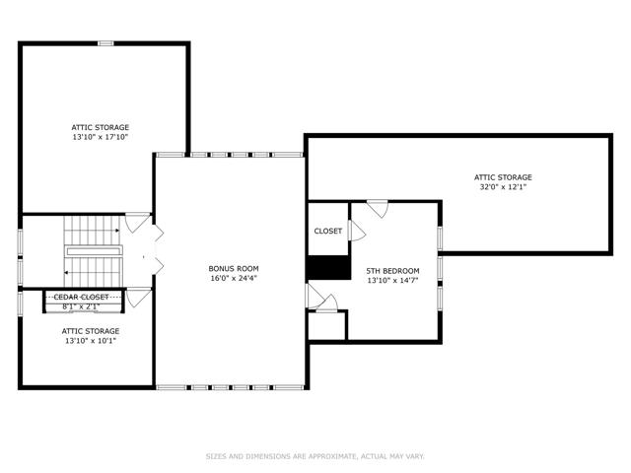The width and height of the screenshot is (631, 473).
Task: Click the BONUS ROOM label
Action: pos(234,269)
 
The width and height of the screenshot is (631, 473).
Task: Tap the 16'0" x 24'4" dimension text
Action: pos(234,278)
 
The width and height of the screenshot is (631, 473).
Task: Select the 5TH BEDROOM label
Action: pos(392,271)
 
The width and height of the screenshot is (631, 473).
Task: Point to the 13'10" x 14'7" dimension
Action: pos(392,281)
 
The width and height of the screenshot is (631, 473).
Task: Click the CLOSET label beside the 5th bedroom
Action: pos(328,232)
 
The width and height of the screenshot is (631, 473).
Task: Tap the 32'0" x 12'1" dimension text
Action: pos(503,187)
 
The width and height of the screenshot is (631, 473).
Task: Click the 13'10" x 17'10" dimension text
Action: pos(101,137)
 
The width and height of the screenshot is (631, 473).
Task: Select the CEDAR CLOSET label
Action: pos(81,298)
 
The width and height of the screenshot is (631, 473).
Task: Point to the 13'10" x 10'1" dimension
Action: pos(91,341)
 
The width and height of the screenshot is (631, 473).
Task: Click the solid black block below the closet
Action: pos(328,267)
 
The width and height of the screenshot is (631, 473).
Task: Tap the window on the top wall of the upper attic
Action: pos(105,43)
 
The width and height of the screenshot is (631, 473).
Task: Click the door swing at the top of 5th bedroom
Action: pos(378,209)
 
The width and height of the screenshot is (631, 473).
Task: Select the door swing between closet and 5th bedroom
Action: pos(357,231)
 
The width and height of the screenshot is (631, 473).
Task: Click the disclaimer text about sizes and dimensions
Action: pos(315,456)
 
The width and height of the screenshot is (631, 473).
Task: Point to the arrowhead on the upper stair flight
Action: pos(117,231)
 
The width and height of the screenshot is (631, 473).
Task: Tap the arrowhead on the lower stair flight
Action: pos(66,273)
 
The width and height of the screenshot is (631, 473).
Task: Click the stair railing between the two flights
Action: pos(94,251)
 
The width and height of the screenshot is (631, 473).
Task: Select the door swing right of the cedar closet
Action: pos(139,298)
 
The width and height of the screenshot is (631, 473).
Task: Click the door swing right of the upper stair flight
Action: pos(138,223)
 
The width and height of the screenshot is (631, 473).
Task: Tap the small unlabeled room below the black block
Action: pos(326,325)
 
